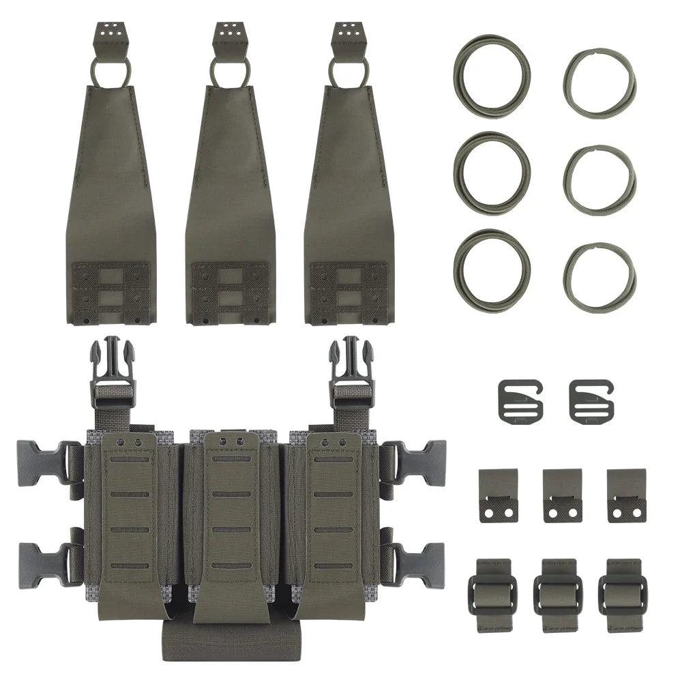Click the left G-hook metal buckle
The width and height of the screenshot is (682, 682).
tap(519, 400)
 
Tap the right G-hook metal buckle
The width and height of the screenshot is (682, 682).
tap(591, 400)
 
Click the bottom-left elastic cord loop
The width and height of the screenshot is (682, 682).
tap(490, 269)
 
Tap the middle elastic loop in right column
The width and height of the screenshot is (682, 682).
tap(599, 179)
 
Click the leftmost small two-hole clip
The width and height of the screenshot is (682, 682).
tap(498, 495)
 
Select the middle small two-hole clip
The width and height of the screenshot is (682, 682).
tap(563, 495)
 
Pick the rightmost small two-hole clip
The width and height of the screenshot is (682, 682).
tap(627, 495)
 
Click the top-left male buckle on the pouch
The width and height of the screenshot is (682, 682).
tap(112, 361)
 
